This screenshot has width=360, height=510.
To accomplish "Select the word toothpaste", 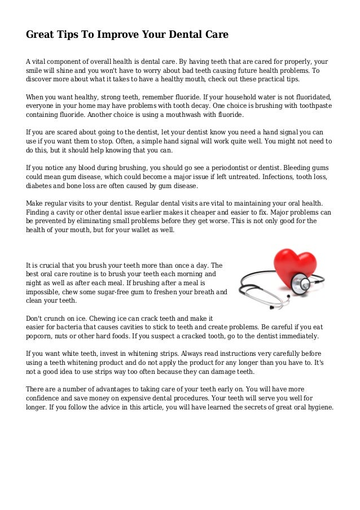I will [x=311, y=106].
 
